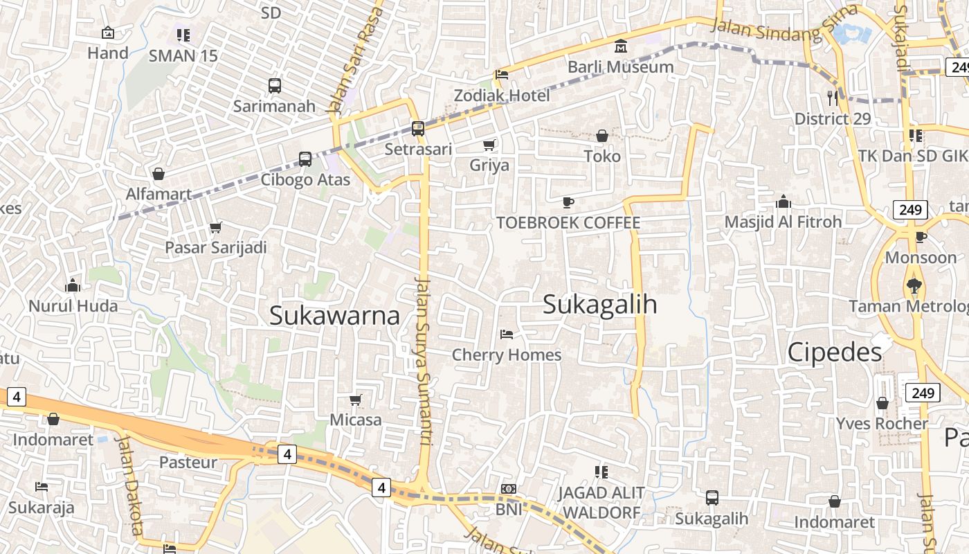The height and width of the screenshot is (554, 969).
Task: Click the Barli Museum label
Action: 620,67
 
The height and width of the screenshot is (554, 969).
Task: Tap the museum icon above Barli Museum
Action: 621,47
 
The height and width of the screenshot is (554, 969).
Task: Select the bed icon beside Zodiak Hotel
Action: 502,75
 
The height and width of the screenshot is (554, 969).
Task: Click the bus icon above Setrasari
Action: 417,128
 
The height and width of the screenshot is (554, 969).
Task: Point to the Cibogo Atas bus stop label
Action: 305,180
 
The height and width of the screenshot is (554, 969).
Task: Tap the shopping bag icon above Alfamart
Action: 159,174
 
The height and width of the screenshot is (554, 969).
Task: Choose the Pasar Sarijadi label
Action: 215,247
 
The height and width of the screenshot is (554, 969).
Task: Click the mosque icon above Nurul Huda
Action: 73,285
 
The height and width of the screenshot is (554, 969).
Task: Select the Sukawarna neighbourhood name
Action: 334,316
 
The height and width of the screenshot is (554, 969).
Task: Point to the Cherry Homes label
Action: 507,355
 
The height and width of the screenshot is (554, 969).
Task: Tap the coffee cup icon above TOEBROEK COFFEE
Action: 568,202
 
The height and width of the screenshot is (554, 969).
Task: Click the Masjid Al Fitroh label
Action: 783,222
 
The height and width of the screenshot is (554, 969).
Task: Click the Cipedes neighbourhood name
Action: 835,352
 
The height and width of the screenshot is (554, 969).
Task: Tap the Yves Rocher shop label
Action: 882,423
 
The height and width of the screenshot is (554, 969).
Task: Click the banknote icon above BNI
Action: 509,489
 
